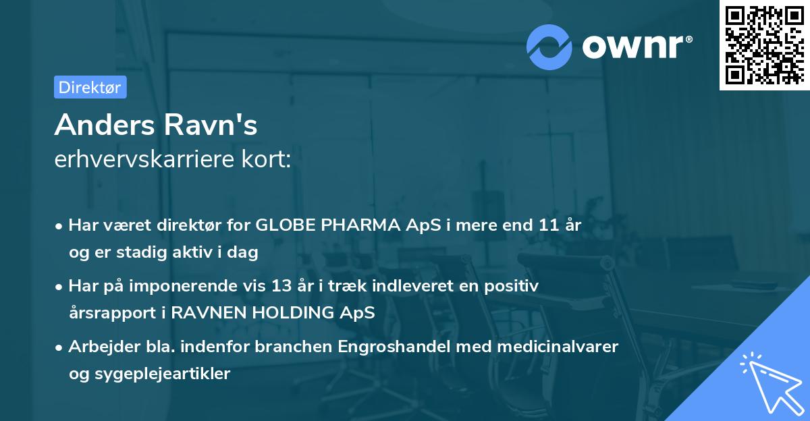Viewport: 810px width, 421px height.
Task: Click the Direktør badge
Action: pyautogui.click(x=90, y=87)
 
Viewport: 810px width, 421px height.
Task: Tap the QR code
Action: pyautogui.click(x=763, y=45)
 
